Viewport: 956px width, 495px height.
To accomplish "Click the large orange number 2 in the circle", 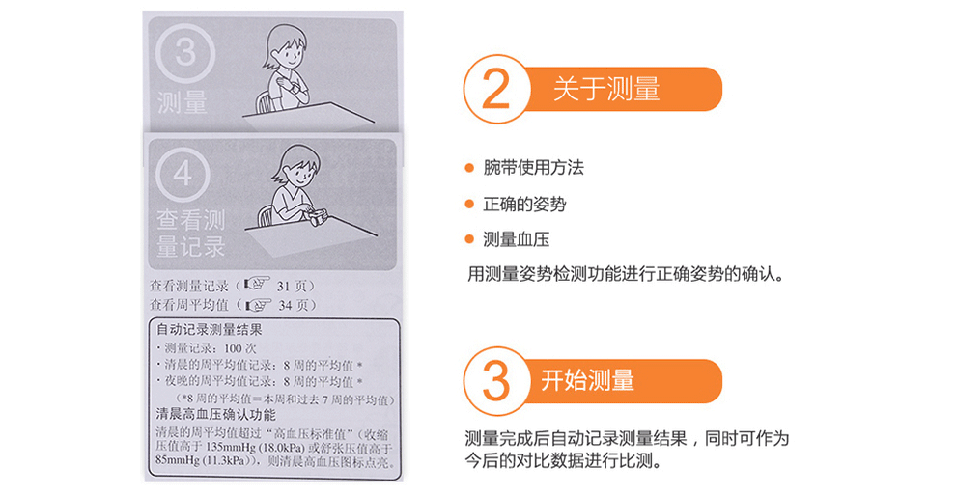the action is click(495, 89).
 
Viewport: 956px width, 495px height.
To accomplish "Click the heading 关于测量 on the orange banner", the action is click(606, 89).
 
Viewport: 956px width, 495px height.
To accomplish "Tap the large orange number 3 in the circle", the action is click(495, 381).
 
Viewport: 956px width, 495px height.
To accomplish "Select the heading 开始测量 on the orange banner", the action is click(588, 381).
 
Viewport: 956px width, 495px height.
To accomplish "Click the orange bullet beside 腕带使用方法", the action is click(469, 168).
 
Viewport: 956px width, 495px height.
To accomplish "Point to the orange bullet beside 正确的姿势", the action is click(469, 204).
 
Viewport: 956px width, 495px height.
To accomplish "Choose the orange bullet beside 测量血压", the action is click(469, 239).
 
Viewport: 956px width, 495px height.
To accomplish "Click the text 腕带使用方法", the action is click(533, 168).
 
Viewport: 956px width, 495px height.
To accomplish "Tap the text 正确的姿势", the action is click(524, 204).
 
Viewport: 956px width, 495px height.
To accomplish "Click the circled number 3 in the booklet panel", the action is click(185, 53).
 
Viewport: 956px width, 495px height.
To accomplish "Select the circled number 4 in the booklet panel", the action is click(183, 174).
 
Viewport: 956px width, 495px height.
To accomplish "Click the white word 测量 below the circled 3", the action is click(182, 102).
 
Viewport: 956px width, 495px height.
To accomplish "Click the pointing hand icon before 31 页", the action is click(257, 285).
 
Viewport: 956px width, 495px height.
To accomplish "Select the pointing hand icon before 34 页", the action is click(257, 304).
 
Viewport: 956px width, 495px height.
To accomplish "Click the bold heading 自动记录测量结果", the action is click(210, 330).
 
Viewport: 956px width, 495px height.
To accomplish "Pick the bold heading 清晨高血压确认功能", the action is click(216, 415).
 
